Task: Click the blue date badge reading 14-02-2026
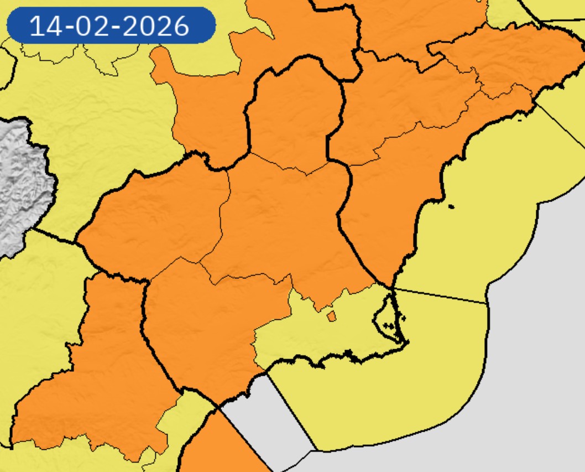coord(110,25)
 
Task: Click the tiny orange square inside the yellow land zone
coord(331,316)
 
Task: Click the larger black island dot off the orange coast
coord(451,207)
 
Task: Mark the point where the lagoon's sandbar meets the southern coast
coord(407,343)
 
